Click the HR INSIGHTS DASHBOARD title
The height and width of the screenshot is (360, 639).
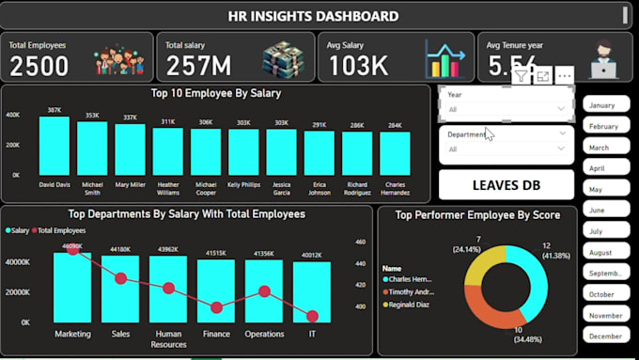(313, 15)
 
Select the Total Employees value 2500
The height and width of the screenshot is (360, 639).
(39, 66)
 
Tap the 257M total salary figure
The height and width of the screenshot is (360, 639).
(199, 66)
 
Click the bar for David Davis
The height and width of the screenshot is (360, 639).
(55, 147)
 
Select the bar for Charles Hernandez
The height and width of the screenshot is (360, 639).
(395, 153)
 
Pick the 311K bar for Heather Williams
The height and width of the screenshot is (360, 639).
(167, 151)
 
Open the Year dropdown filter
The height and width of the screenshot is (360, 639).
(507, 109)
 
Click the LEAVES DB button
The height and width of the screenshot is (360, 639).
(507, 184)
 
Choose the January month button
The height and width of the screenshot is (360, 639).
(606, 105)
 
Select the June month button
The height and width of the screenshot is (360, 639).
(606, 211)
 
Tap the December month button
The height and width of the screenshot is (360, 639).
(606, 336)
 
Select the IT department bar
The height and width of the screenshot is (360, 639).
(312, 292)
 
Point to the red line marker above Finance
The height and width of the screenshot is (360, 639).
(217, 307)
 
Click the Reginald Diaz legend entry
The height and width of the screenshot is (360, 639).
(409, 304)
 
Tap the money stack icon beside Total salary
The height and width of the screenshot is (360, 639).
(283, 59)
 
